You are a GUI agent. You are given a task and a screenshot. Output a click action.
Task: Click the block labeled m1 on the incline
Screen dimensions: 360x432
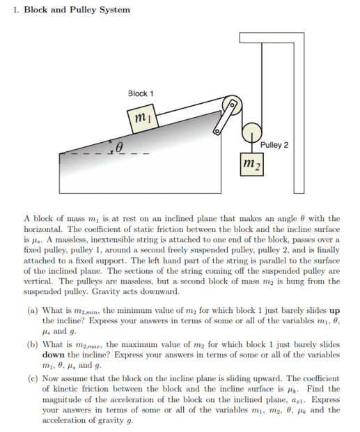[x=143, y=118]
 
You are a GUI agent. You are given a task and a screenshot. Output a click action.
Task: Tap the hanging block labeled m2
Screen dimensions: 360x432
[x=252, y=164]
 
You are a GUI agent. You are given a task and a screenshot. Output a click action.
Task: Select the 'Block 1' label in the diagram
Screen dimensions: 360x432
[x=141, y=93]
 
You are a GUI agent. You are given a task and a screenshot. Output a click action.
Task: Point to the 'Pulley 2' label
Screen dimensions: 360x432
[x=274, y=145]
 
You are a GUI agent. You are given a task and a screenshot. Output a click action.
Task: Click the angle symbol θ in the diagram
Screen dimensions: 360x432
[x=118, y=147]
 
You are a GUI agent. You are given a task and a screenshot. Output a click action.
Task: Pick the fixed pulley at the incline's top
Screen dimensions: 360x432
[x=232, y=106]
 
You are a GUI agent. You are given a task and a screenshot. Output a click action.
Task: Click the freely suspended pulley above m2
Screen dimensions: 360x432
[x=252, y=132]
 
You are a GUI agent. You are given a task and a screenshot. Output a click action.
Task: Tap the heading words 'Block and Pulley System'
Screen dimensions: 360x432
[x=77, y=10]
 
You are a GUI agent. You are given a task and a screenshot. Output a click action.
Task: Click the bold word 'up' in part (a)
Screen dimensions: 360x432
[x=334, y=311]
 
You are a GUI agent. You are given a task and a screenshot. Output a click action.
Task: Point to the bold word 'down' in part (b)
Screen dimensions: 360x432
[x=54, y=355]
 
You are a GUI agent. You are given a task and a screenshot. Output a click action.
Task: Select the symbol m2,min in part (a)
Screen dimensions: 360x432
[x=88, y=311]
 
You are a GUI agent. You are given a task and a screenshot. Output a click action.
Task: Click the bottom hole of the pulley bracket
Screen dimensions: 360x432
[x=217, y=131]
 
